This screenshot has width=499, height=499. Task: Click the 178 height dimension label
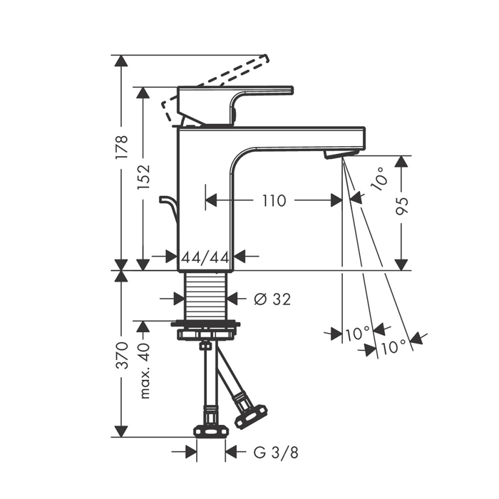[122, 147]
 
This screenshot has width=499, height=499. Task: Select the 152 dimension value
[143, 178]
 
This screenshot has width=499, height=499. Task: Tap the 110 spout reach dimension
[274, 200]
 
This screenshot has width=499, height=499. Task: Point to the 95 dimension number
[401, 206]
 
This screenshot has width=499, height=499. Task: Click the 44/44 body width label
[205, 257]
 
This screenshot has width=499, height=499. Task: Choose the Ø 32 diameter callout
[272, 299]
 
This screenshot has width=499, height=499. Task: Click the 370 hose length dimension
[122, 356]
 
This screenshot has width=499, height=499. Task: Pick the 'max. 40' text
[144, 371]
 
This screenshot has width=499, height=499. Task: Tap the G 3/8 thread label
[276, 452]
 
